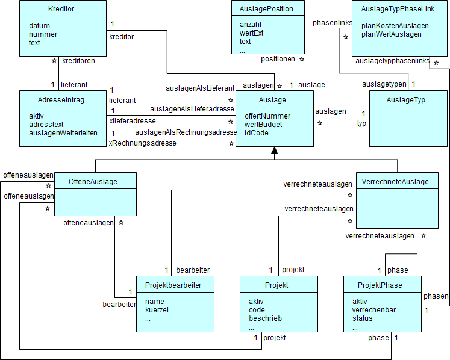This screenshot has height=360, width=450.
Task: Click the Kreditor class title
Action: pos(62,8)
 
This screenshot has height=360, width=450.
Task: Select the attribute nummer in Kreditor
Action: pos(43,34)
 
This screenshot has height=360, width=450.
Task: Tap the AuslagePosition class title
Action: pos(267,8)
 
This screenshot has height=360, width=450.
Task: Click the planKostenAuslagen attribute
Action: pos(395,25)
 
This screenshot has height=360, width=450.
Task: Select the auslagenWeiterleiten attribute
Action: pos(63,132)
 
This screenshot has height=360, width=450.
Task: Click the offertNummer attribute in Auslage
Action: pos(267,116)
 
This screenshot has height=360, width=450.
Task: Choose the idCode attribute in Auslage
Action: pos(256,132)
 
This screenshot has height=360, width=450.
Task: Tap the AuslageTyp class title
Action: pos(407,99)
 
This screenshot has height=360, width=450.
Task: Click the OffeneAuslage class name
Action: pos(93,181)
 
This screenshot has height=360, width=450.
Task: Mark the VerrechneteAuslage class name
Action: pos(396,181)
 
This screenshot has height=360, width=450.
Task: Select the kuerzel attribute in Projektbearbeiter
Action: pos(157,309)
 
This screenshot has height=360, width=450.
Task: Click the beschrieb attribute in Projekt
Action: pos(265,318)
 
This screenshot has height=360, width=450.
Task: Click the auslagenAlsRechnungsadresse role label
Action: pos(186,132)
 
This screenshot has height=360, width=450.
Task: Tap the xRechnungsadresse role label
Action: pos(142,143)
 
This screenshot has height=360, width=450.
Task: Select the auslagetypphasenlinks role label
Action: pos(392,61)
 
